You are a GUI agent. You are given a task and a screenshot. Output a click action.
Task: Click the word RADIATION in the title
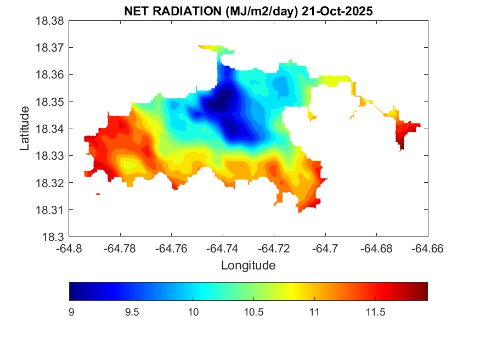click(185, 11)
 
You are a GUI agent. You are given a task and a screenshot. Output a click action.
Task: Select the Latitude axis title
click(25, 128)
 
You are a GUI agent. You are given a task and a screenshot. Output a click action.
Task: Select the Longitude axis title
click(248, 266)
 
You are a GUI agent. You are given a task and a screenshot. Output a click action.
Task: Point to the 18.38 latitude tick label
click(51, 21)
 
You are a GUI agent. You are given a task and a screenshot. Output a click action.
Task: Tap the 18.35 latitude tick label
click(51, 102)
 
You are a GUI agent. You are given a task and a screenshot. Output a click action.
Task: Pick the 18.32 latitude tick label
click(51, 183)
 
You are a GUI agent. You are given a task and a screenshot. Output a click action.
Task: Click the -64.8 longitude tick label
click(70, 249)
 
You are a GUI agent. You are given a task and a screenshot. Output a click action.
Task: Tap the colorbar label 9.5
click(132, 312)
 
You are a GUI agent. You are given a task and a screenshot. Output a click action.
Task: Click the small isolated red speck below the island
click(98, 194)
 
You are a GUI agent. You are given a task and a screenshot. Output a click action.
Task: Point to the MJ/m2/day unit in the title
click(257, 11)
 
